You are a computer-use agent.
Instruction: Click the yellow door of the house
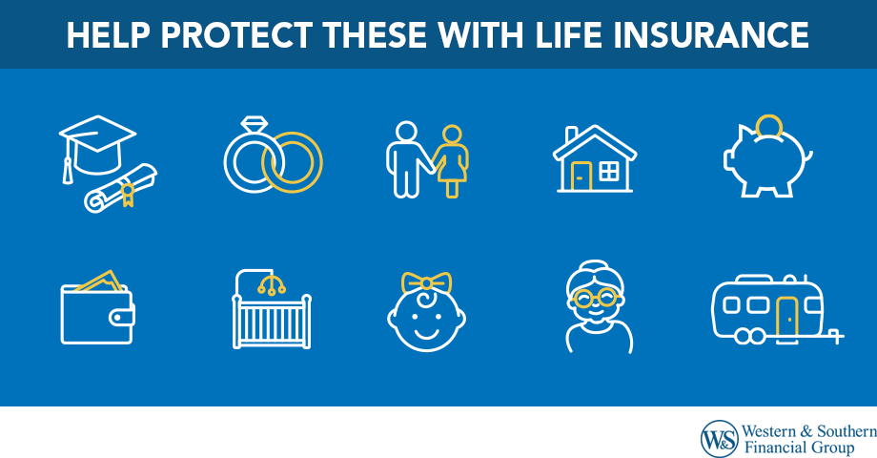(581, 175)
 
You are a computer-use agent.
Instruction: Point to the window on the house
(607, 172)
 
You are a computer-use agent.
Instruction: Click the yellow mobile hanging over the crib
(273, 282)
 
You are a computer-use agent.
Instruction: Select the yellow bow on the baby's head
(425, 282)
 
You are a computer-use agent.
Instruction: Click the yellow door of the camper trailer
(786, 315)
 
